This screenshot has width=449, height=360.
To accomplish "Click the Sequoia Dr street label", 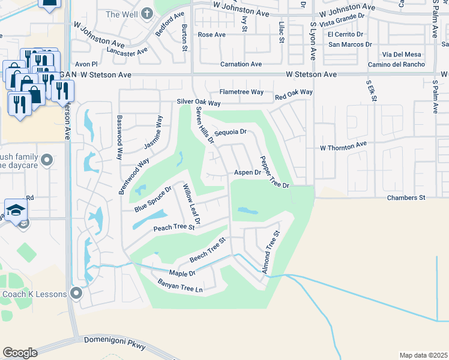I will click(x=231, y=131).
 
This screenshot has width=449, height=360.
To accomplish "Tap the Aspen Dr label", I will click(x=247, y=172).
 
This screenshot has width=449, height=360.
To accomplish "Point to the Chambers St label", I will click(x=406, y=197).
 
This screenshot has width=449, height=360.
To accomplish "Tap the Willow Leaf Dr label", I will click(x=191, y=204).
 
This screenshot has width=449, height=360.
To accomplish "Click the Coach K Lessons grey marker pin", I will click(x=76, y=293).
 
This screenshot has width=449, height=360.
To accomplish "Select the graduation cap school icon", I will click(x=16, y=209).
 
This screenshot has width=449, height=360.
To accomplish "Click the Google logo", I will click(x=19, y=353).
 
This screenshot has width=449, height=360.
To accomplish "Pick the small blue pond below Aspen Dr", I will click(x=247, y=211).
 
